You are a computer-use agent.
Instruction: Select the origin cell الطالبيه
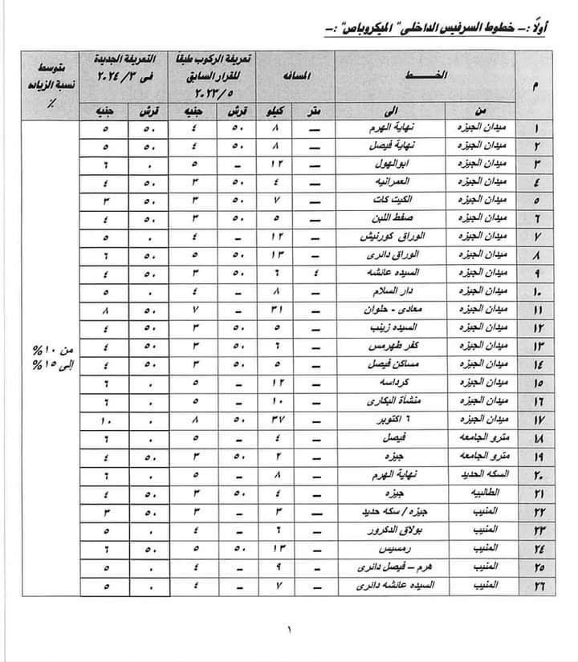tap(485, 491)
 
